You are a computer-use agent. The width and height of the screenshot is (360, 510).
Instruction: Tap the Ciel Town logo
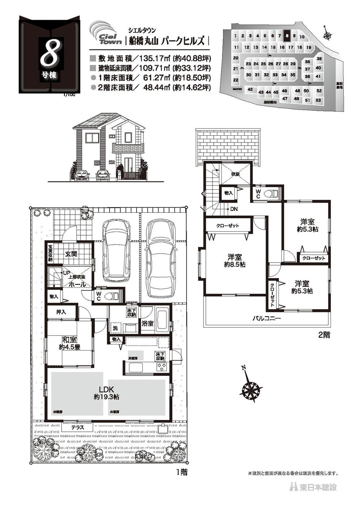106,35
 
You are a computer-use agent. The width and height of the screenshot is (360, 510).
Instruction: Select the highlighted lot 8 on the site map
287,35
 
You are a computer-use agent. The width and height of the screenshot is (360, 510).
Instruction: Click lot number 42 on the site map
250,89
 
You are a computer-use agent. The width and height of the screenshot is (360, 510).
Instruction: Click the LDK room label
107,390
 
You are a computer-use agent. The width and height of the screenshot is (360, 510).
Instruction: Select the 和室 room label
69,339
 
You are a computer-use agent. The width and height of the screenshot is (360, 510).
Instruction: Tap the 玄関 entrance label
71,254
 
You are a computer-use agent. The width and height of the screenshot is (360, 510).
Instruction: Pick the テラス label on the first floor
77,428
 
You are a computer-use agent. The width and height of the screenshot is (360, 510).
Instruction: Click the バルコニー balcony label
266,318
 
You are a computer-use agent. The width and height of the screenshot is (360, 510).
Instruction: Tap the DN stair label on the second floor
234,209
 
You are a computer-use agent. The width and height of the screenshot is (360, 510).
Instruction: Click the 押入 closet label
61,312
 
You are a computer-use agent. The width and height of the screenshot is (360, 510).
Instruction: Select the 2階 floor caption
324,335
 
